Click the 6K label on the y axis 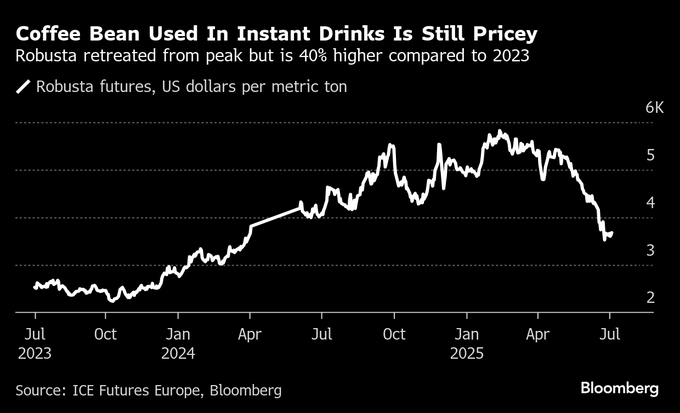(x=653, y=107)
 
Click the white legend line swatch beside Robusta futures (x=23, y=87)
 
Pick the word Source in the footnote (x=41, y=389)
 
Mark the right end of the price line (x=612, y=233)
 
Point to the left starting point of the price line (x=34, y=286)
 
